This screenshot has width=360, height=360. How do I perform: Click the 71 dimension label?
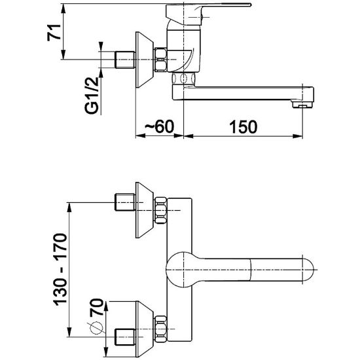click(54, 32)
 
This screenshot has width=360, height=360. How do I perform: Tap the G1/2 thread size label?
click(92, 96)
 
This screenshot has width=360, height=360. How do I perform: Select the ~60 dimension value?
click(160, 126)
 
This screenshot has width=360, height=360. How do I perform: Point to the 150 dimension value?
click(243, 127)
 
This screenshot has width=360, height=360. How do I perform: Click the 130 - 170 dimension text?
click(61, 270)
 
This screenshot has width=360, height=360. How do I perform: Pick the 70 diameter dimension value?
click(96, 308)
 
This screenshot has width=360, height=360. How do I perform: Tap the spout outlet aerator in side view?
click(302, 104)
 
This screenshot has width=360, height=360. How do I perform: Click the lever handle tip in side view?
click(249, 5)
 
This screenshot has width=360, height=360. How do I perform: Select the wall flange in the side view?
click(145, 60)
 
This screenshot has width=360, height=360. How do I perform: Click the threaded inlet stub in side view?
click(124, 60)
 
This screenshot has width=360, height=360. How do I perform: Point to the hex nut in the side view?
click(161, 60)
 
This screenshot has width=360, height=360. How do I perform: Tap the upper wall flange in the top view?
click(145, 210)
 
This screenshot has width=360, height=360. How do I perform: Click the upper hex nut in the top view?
click(161, 210)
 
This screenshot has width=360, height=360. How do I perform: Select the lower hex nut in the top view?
click(161, 329)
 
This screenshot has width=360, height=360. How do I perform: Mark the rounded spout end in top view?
click(308, 270)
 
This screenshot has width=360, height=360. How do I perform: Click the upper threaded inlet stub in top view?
click(124, 202)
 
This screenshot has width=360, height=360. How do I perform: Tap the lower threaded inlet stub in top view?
click(124, 337)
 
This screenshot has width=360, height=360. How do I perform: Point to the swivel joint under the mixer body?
click(184, 79)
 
